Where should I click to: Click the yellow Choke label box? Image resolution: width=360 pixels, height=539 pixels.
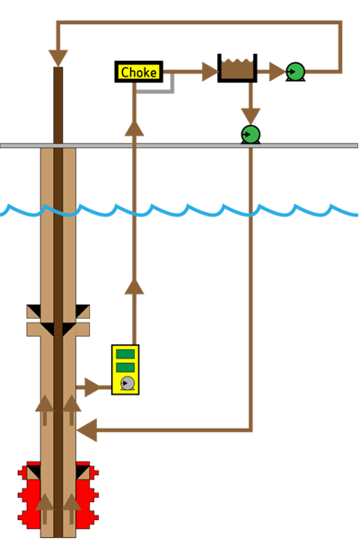pos(139,72)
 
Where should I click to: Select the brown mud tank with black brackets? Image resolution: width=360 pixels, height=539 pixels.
pos(237,68)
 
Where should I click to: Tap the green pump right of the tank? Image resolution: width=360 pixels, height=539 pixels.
pos(294,71)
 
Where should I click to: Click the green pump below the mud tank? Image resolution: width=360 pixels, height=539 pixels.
pos(250,134)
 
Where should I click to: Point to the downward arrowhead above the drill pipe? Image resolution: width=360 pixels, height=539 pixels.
pos(58,57)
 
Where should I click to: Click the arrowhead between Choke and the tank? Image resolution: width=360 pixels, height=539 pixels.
pos(209,71)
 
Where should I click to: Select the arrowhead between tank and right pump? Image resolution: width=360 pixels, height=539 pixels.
pos(275,71)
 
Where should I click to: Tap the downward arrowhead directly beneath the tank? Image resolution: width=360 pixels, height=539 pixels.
pos(250,114)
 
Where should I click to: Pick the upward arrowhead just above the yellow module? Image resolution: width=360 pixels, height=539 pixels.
pos(134,287)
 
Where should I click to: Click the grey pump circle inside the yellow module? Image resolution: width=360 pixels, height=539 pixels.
pos(127,383)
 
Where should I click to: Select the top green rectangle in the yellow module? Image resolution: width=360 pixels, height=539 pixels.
pos(126,354)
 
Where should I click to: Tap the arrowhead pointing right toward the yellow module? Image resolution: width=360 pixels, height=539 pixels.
pos(92,387)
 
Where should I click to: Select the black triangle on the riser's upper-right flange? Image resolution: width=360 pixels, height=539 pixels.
pos(82,312)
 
